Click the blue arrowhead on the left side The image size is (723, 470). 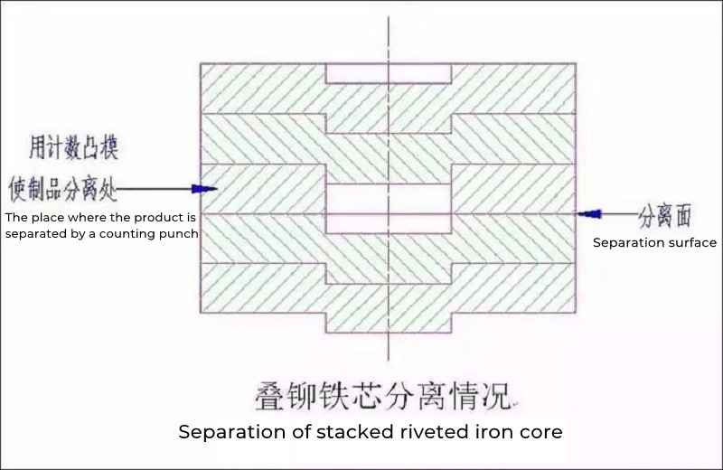tap(203, 189)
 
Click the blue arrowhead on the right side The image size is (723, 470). tap(588, 214)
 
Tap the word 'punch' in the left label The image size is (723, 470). tap(180, 234)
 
